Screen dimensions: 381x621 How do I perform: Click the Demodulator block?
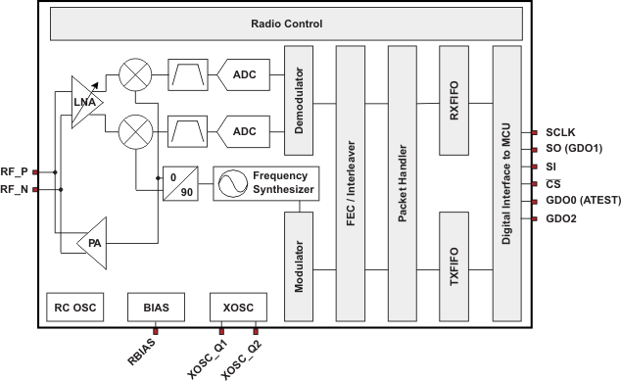(299, 101)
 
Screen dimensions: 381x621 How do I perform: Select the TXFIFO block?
(454, 263)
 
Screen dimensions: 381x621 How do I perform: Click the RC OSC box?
(73, 308)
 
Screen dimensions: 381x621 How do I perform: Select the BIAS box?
(155, 308)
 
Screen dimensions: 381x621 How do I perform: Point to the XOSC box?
(238, 308)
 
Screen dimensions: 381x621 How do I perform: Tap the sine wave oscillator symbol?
(232, 181)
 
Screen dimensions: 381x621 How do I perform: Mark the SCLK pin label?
(561, 131)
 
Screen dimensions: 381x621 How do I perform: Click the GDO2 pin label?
(560, 218)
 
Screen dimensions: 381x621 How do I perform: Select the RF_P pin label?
(15, 171)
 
